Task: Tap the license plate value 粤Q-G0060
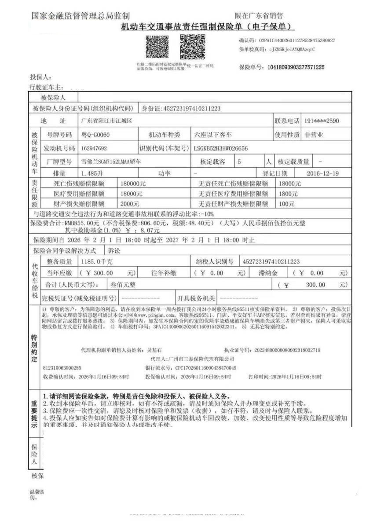[95, 135]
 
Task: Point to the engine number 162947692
[94, 148]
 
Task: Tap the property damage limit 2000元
[130, 204]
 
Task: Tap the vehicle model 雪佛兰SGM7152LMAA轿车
[111, 161]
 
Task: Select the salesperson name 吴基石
[154, 350]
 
